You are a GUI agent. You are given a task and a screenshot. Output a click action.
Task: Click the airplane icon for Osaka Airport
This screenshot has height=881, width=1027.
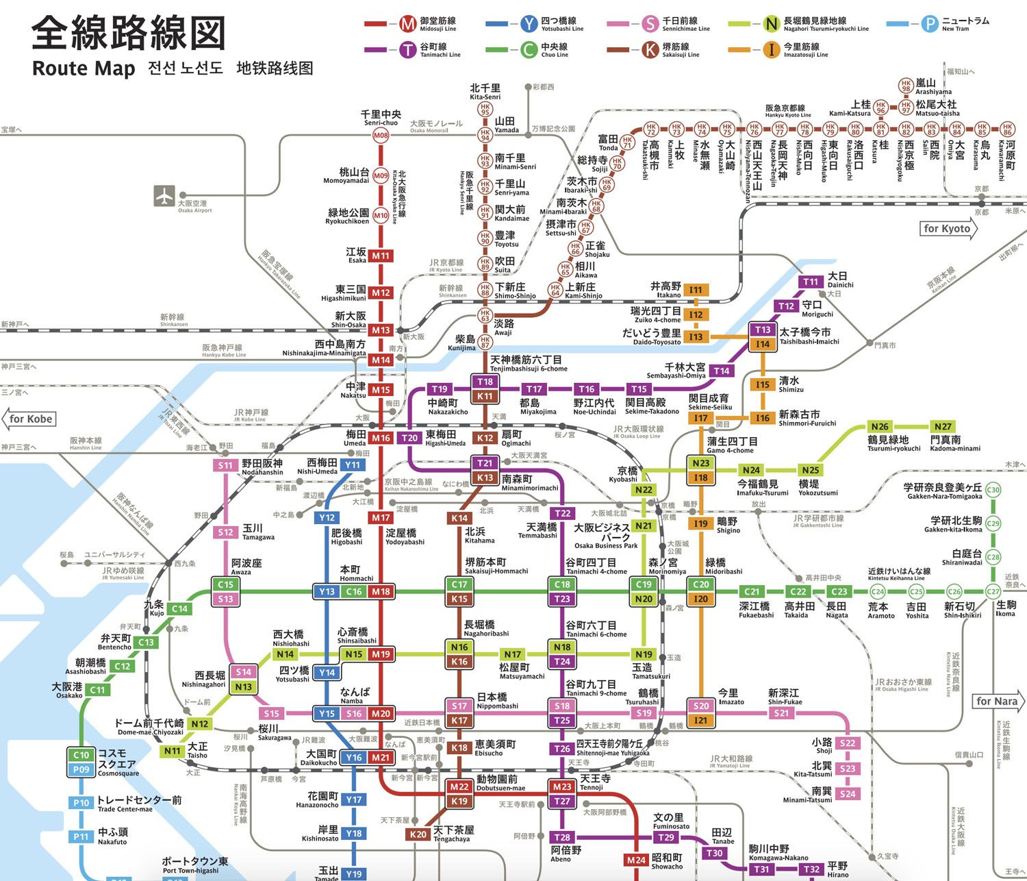click(164, 196)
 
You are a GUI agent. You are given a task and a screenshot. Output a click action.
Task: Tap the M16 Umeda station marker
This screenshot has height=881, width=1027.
click(381, 438)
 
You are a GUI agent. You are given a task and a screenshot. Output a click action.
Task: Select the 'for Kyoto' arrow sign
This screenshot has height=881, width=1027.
click(948, 229)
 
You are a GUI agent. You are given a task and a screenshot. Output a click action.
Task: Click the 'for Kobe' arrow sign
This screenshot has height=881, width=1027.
click(30, 419)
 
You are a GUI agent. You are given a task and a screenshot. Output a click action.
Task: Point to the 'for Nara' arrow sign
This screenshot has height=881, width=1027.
click(998, 702)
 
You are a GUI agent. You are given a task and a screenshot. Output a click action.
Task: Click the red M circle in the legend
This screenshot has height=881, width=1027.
click(407, 24)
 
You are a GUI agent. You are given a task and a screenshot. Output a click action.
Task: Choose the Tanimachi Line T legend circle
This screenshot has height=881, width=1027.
click(407, 50)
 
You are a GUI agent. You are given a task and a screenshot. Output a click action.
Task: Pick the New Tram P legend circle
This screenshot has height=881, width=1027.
click(928, 24)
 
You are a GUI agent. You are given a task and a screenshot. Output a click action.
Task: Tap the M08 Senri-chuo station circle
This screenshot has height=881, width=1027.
click(381, 136)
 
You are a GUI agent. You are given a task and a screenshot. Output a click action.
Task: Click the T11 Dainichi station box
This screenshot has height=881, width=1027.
click(811, 282)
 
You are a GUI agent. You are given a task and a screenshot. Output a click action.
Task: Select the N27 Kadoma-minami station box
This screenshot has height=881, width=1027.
click(943, 426)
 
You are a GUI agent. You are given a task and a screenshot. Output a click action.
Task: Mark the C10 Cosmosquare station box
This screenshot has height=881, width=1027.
click(81, 755)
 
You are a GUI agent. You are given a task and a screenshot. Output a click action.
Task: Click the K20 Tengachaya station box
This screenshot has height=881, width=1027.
click(417, 834)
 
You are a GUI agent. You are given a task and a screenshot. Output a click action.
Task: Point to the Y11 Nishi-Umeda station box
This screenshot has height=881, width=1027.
click(352, 465)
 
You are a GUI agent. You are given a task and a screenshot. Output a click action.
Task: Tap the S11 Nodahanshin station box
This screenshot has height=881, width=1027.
click(225, 465)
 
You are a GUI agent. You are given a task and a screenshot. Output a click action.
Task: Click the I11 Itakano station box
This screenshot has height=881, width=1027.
click(696, 290)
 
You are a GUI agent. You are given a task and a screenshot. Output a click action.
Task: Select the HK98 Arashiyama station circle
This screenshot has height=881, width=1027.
click(906, 86)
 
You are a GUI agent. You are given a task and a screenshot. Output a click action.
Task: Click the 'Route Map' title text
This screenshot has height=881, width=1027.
click(84, 69)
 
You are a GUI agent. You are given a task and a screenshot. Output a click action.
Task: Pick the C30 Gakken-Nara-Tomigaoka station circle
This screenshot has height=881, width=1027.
click(993, 490)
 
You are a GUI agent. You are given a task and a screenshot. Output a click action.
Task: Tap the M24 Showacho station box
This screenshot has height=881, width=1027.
click(636, 860)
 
